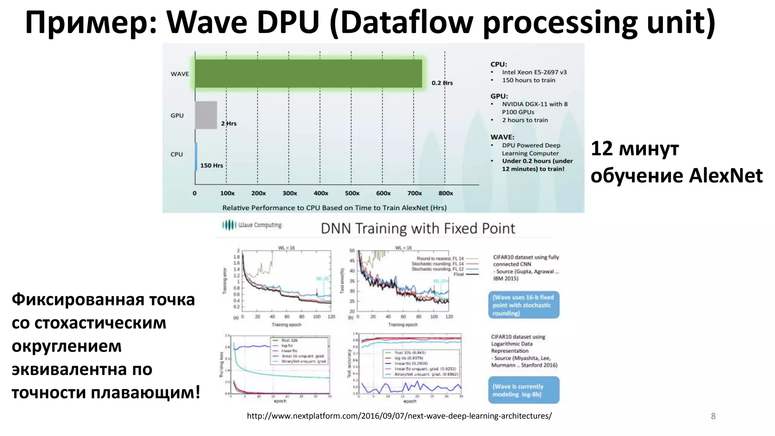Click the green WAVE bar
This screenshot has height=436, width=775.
coord(308,73)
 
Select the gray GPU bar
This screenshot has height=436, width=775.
coord(206,115)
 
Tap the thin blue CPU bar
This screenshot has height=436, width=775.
coord(196,156)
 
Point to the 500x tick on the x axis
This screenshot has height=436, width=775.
coord(352,193)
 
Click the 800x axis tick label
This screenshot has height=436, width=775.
coord(445,193)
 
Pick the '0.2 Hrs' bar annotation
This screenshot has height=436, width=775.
coord(442,83)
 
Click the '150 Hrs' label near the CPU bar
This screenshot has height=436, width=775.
coord(211,165)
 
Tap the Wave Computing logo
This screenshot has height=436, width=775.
coord(252,225)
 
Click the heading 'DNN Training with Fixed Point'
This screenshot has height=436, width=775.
coord(418,229)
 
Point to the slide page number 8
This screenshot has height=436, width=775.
coord(713,416)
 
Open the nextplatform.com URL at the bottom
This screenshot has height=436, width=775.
coord(399,416)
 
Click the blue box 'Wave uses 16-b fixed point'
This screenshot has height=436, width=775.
coord(523,305)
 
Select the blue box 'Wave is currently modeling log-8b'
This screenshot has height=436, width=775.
coord(523,390)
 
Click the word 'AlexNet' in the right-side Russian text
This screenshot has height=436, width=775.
coord(725,176)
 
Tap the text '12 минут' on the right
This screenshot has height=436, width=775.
coord(635,148)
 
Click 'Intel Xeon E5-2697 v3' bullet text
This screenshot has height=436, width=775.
coord(534,72)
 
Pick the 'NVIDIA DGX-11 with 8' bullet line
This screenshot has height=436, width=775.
coord(534,104)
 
